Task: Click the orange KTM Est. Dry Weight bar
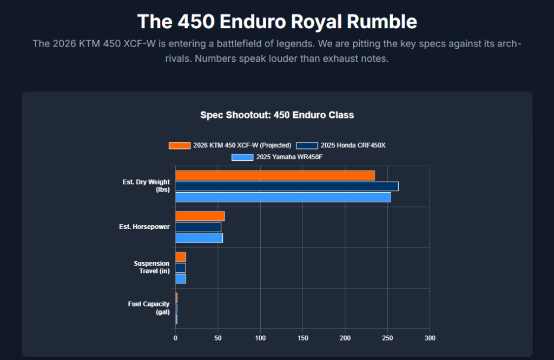point(275,175)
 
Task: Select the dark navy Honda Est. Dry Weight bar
point(287,186)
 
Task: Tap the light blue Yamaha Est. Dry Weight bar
point(283,197)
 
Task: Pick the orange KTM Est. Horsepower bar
point(200,216)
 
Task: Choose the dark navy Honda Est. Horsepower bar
point(198,227)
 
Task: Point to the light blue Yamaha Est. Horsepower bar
point(199,238)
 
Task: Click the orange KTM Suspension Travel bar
point(181,257)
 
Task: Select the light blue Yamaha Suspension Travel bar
point(181,278)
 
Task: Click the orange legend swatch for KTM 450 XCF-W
point(180,145)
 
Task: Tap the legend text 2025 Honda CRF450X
point(353,145)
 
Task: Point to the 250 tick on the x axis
point(387,338)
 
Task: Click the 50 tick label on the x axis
point(218,338)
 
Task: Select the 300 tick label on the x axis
point(430,338)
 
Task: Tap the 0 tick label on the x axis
point(175,338)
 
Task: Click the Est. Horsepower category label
point(144,227)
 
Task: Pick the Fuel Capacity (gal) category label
point(149,307)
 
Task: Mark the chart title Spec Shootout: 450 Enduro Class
point(277,115)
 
